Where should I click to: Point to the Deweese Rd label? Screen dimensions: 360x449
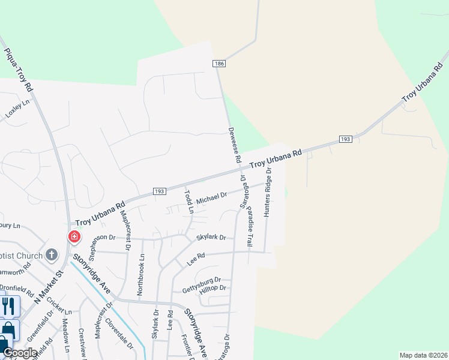(x=234, y=145)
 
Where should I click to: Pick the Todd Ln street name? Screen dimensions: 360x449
(x=188, y=202)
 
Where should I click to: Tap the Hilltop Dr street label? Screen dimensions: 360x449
(x=212, y=289)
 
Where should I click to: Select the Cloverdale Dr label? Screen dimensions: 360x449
(x=118, y=333)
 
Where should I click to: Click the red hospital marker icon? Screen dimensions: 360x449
(x=74, y=237)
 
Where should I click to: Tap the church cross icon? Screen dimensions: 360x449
(x=52, y=255)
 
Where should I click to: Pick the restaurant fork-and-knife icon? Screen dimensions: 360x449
(x=8, y=306)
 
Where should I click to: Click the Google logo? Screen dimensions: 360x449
(x=20, y=353)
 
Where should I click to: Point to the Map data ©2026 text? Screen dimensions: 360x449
(x=423, y=355)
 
